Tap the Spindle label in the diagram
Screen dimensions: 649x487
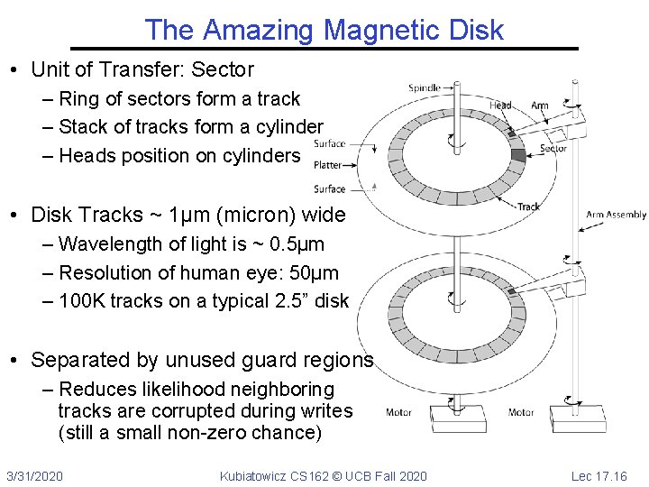coord(425,87)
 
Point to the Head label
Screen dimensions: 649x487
coord(500,106)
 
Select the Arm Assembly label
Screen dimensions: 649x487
coord(616,215)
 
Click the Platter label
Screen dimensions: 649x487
coord(328,165)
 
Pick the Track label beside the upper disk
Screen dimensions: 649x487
coord(529,207)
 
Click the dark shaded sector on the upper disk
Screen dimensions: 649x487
coord(517,154)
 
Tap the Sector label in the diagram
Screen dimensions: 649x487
coord(553,149)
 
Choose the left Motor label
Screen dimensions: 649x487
coord(398,412)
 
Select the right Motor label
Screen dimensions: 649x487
coord(521,412)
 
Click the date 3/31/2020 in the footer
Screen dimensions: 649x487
coord(34,475)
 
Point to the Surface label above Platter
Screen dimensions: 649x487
coord(330,143)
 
